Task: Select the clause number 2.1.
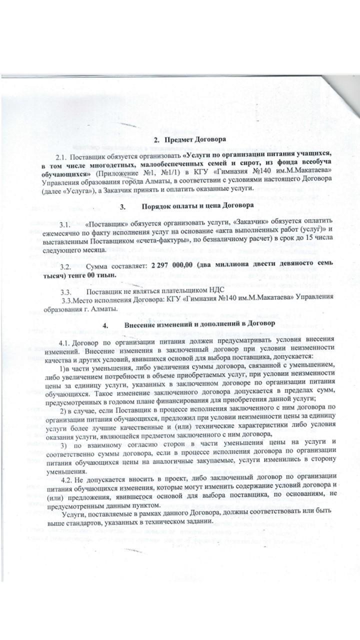tap(66, 156)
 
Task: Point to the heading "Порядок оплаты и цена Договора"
tap(191, 205)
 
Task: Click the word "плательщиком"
tap(179, 291)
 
